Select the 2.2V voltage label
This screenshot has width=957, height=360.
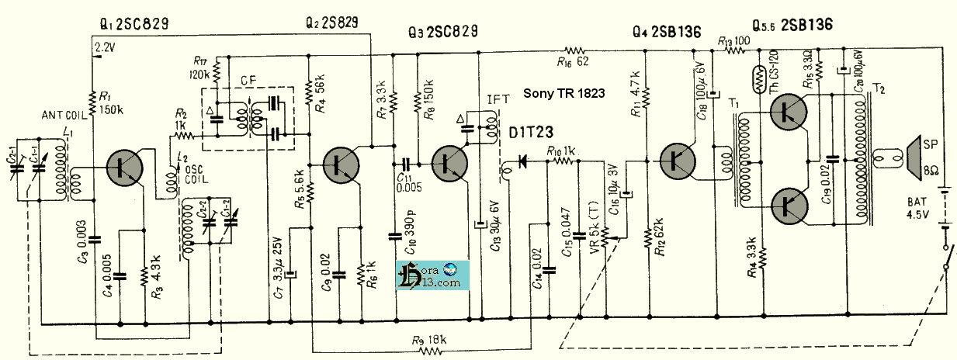(x=105, y=47)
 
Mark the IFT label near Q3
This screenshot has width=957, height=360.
(x=497, y=100)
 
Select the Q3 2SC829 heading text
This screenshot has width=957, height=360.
(x=442, y=32)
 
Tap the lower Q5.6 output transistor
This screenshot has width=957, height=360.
(x=792, y=205)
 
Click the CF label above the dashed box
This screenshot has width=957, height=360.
(x=248, y=79)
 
